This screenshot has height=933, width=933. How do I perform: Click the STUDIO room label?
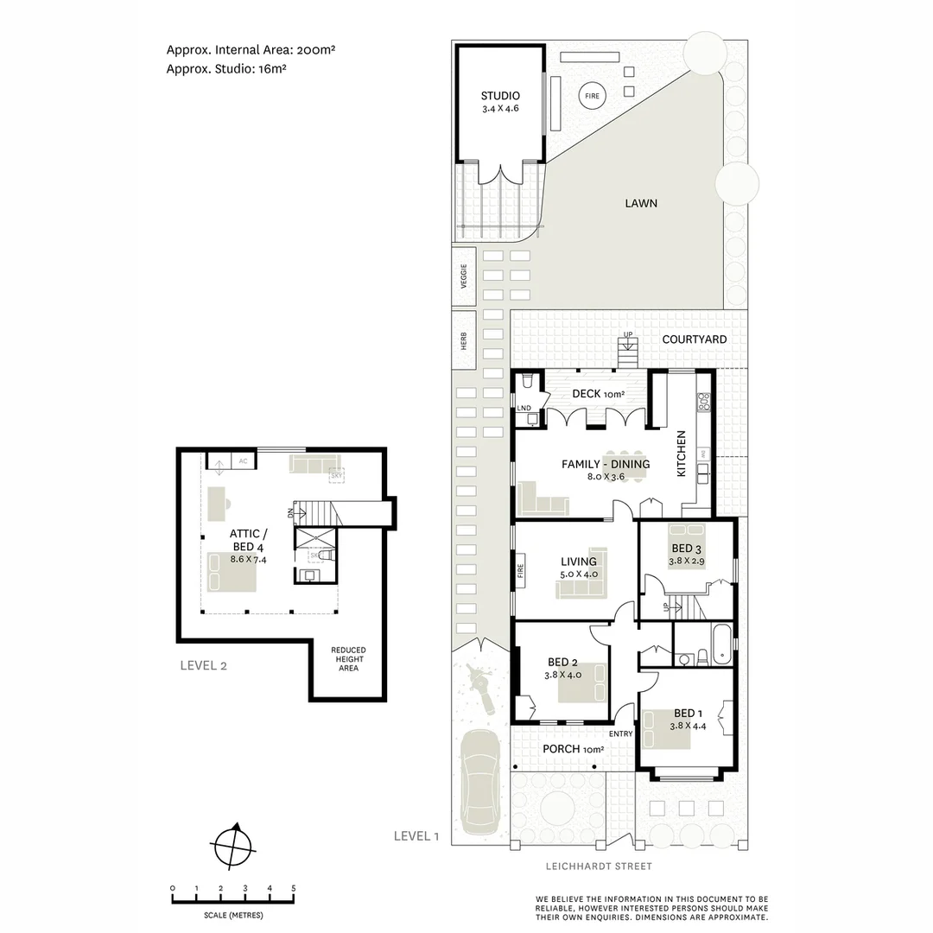pyautogui.click(x=500, y=96)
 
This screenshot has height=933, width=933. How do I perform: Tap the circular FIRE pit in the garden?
pyautogui.click(x=592, y=97)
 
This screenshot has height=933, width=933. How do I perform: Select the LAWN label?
pyautogui.click(x=641, y=204)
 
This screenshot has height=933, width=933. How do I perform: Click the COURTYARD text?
pyautogui.click(x=694, y=340)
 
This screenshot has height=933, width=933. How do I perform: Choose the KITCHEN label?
pyautogui.click(x=681, y=454)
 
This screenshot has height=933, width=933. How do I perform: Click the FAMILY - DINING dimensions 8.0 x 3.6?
pyautogui.click(x=605, y=477)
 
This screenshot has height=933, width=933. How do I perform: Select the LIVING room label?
pyautogui.click(x=578, y=562)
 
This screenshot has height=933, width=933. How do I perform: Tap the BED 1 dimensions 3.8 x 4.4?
pyautogui.click(x=687, y=727)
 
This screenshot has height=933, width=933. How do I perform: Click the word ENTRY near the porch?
pyautogui.click(x=620, y=734)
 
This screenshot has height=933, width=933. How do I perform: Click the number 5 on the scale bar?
pyautogui.click(x=293, y=888)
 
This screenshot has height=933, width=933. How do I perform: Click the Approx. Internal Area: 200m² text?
pyautogui.click(x=251, y=50)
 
